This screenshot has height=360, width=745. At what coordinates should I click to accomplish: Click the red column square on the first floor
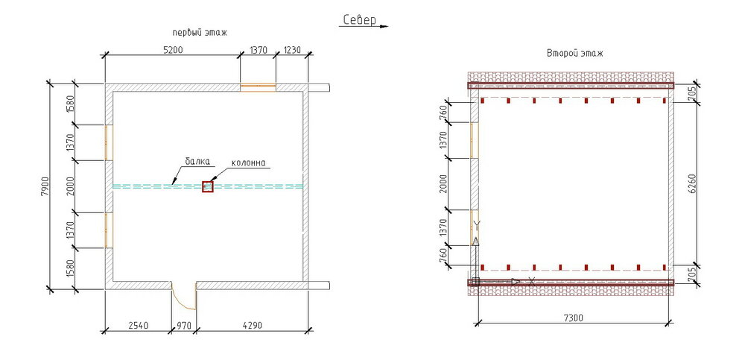tap(208, 186)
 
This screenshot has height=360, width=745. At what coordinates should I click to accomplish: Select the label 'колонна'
tap(248, 163)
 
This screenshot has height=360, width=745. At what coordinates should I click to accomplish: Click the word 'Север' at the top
tap(360, 19)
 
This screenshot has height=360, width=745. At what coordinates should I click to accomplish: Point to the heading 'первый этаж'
tap(200, 33)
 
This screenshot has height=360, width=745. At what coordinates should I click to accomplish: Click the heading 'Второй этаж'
tap(575, 53)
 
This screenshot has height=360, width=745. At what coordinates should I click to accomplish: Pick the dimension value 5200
tap(173, 49)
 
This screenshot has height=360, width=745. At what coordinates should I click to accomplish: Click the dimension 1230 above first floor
tap(292, 49)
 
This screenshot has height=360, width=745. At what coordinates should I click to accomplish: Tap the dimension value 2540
tap(139, 326)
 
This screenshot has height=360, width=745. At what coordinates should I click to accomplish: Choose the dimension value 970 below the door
tap(184, 326)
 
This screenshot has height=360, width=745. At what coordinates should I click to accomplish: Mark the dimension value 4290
tap(252, 326)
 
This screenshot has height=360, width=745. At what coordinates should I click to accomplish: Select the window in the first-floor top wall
tap(258, 87)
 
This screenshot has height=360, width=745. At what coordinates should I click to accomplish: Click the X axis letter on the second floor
tap(531, 281)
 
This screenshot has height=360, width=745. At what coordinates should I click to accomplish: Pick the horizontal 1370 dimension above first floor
tap(259, 49)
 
